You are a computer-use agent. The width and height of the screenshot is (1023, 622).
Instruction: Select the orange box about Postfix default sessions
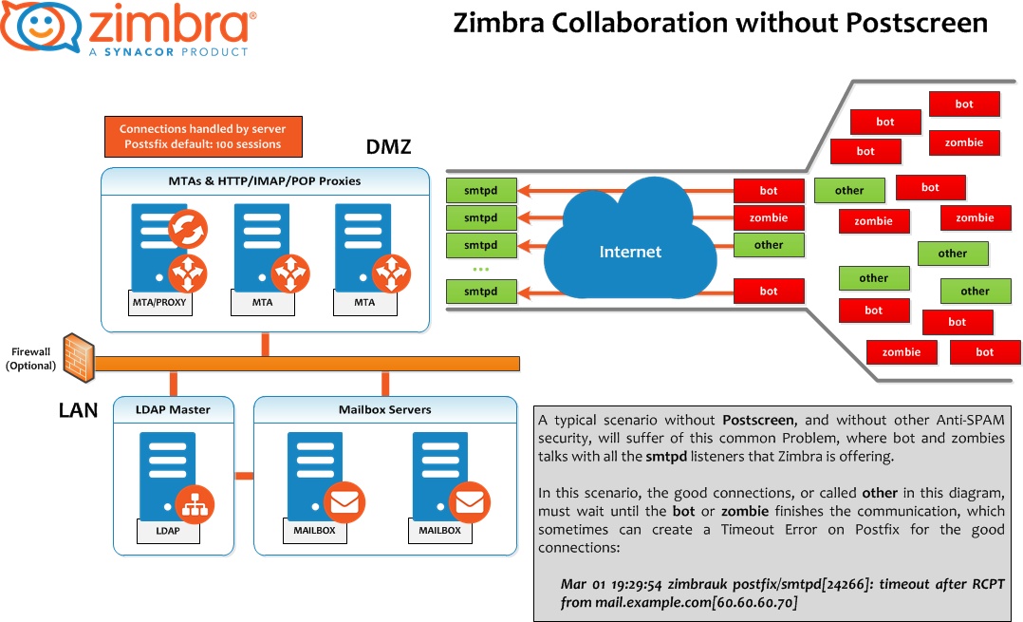click(x=202, y=137)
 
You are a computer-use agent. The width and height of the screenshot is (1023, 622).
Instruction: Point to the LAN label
click(x=78, y=410)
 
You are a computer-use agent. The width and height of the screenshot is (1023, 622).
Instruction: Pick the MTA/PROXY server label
click(x=159, y=303)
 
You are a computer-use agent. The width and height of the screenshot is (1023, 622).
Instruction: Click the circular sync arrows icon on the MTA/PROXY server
click(x=187, y=229)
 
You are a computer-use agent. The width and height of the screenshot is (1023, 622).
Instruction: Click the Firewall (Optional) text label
click(x=30, y=358)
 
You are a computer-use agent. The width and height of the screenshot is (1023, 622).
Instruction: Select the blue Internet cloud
click(x=630, y=244)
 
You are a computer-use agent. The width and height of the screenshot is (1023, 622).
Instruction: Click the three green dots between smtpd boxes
click(x=480, y=270)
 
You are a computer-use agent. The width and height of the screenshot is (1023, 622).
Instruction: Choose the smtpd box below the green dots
click(x=481, y=292)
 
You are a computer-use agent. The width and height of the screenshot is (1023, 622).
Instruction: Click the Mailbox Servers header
click(x=384, y=409)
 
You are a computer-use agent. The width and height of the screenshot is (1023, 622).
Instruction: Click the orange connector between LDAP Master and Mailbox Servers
click(x=244, y=476)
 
